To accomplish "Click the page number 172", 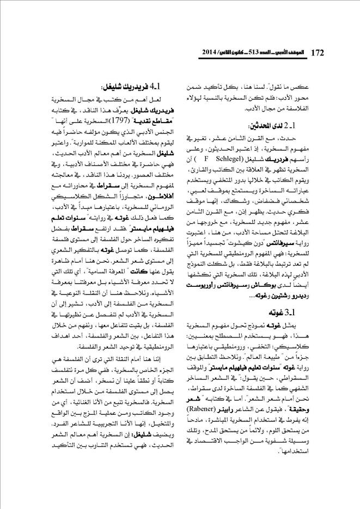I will pyautogui.click(x=317, y=53).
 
